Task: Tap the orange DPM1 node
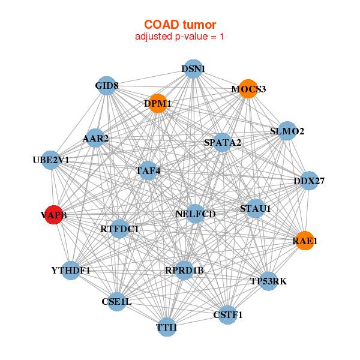click(x=158, y=103)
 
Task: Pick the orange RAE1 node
click(x=305, y=241)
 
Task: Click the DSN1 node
click(x=193, y=69)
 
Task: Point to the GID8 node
click(x=106, y=86)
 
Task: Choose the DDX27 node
click(x=308, y=181)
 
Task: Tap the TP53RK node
click(x=269, y=281)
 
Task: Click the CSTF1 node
click(x=227, y=314)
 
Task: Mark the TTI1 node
click(x=167, y=328)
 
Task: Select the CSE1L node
click(x=116, y=302)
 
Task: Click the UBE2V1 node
click(x=51, y=160)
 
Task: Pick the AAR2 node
click(x=95, y=139)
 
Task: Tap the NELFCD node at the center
click(x=196, y=214)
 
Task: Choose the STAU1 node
click(x=256, y=209)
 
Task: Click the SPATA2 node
click(x=223, y=143)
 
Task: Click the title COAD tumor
click(x=180, y=25)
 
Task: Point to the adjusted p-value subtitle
click(x=180, y=37)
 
